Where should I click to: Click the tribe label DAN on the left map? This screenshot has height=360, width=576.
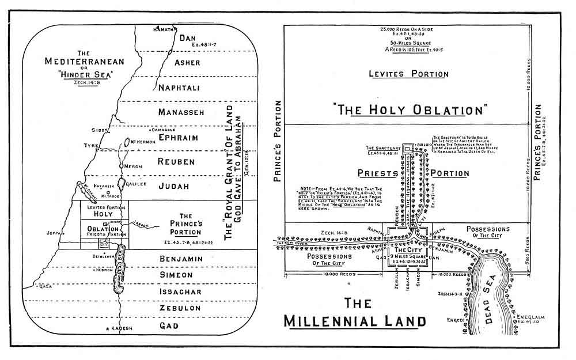pyautogui.click(x=188, y=38)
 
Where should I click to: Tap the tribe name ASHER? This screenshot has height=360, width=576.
pyautogui.click(x=187, y=63)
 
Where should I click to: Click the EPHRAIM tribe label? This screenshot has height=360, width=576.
pyautogui.click(x=179, y=138)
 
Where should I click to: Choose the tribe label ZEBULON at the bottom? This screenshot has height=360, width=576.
pyautogui.click(x=180, y=309)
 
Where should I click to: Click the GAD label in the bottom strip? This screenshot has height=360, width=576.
pyautogui.click(x=181, y=325)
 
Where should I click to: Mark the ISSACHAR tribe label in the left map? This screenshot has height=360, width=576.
pyautogui.click(x=180, y=292)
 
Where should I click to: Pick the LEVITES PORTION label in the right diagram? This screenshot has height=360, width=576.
pyautogui.click(x=410, y=74)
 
